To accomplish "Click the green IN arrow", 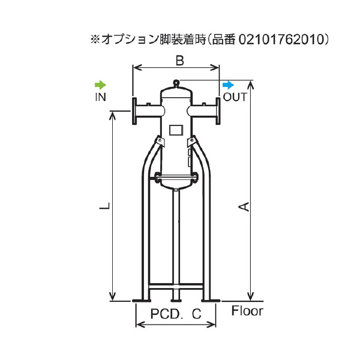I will click(x=100, y=85).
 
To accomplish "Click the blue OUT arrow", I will click(x=229, y=85).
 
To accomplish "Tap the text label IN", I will click(x=100, y=97).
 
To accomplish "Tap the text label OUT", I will click(x=235, y=97).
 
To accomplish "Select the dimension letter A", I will click(x=244, y=207).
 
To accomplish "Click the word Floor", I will click(x=247, y=311).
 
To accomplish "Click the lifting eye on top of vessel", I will click(x=175, y=83).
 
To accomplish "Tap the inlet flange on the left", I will click(x=136, y=111).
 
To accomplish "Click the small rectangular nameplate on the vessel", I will click(x=175, y=129).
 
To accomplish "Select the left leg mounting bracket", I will click(x=159, y=142).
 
